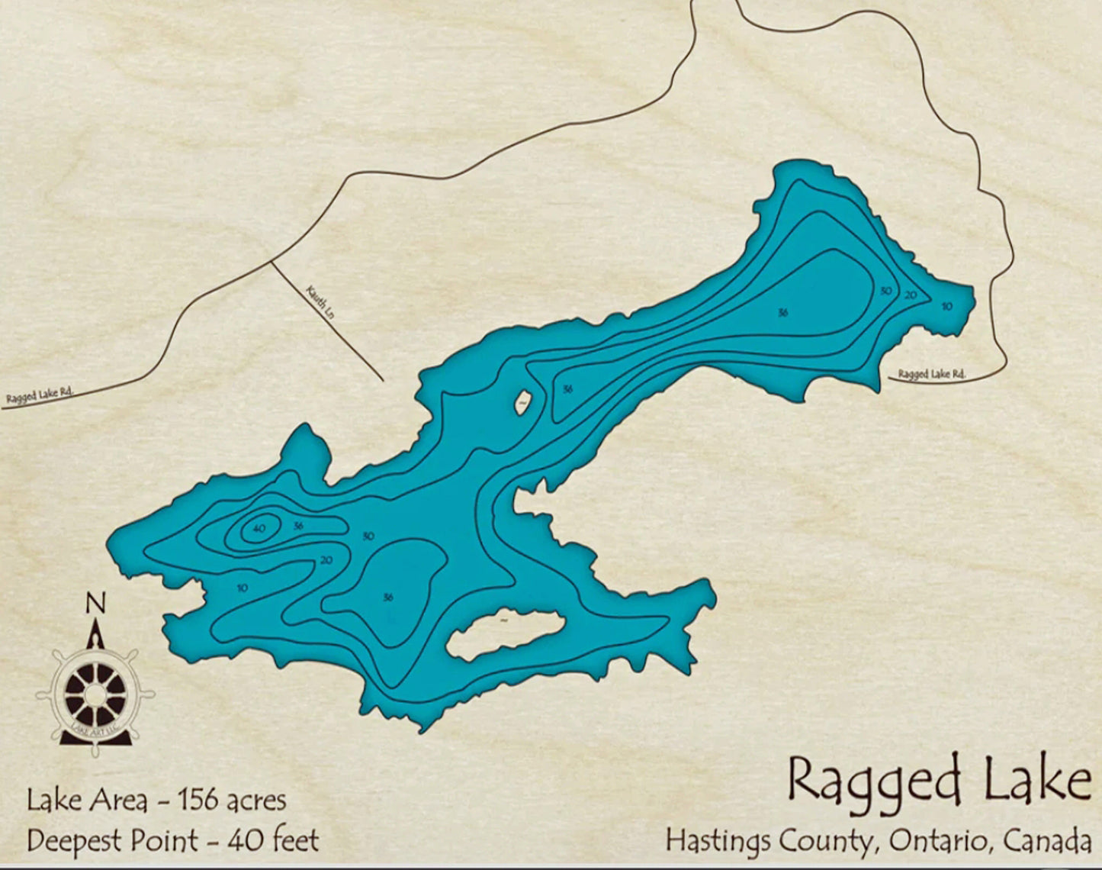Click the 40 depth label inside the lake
[x=259, y=528]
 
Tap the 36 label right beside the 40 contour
[x=298, y=526]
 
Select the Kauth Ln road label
[x=320, y=302]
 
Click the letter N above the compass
[x=95, y=604]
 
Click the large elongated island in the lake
[x=505, y=633]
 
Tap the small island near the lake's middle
[x=523, y=401]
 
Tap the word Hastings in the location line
[x=717, y=841]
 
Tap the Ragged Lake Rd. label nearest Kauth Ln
[x=40, y=395]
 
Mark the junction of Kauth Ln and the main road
[x=271, y=262]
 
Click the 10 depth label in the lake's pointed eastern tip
[x=946, y=306]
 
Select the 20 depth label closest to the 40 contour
[x=326, y=560]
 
